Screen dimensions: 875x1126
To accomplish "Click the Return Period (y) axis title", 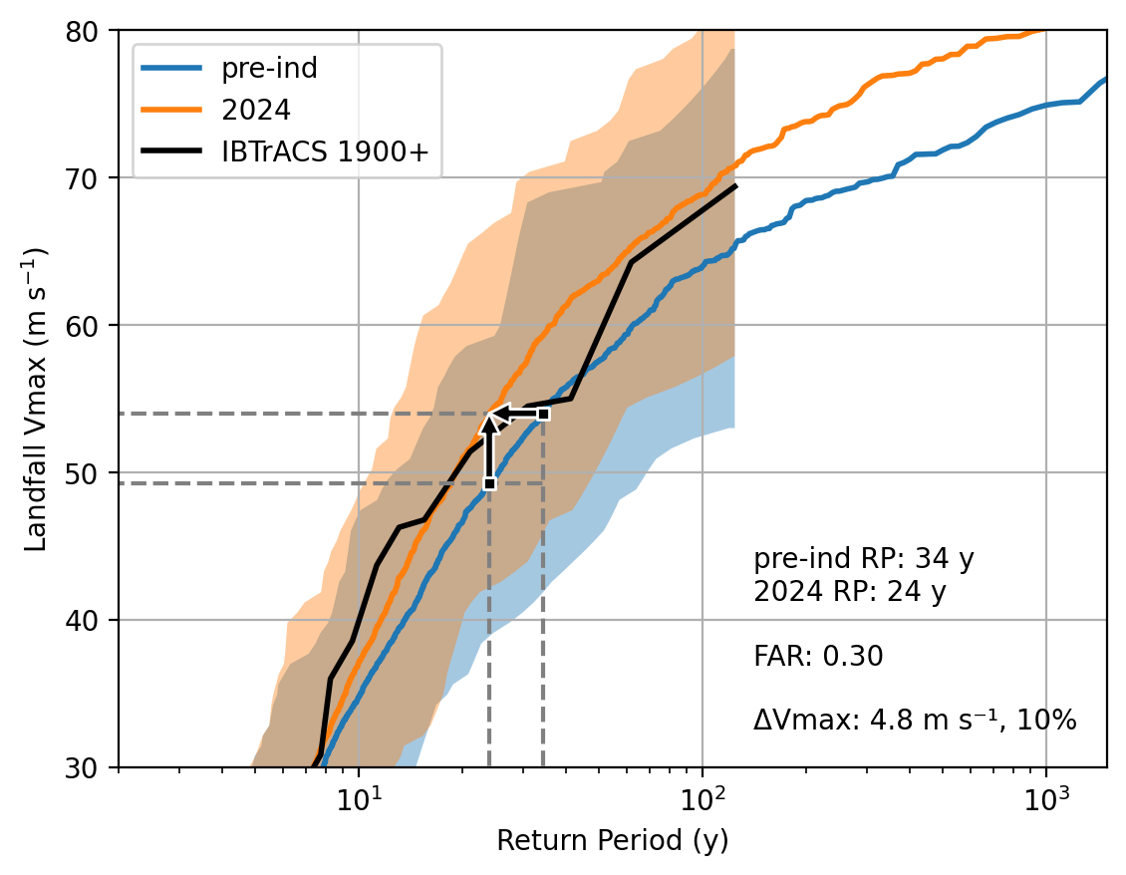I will (x=613, y=841).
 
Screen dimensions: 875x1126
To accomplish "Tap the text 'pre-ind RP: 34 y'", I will (x=863, y=558).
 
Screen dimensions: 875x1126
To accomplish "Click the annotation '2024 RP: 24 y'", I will (x=849, y=592).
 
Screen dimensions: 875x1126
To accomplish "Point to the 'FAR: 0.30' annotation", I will (x=818, y=656).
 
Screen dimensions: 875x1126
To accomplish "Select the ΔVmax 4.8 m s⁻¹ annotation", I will (x=915, y=720).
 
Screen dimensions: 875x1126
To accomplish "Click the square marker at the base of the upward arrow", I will (x=489, y=483).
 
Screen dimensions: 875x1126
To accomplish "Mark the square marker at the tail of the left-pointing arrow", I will (x=543, y=414).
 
